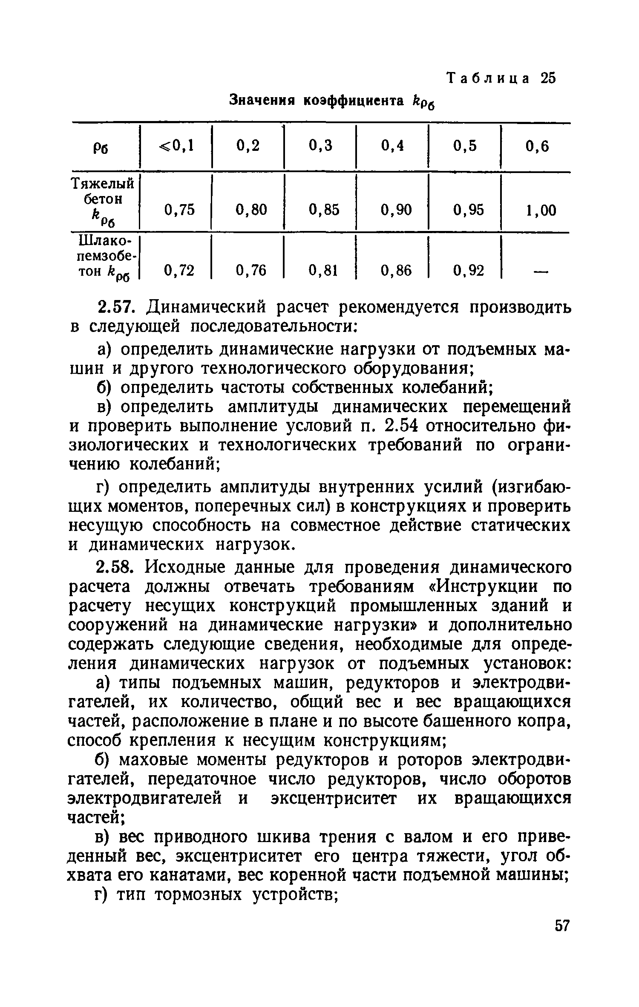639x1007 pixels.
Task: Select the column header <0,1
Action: (177, 147)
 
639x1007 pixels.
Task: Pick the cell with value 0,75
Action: (179, 210)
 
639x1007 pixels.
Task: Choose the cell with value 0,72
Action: (179, 270)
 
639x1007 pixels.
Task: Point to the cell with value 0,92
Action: (469, 270)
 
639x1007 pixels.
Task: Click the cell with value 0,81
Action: (324, 270)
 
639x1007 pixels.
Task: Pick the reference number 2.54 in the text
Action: (405, 427)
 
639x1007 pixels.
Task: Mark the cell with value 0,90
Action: (396, 210)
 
